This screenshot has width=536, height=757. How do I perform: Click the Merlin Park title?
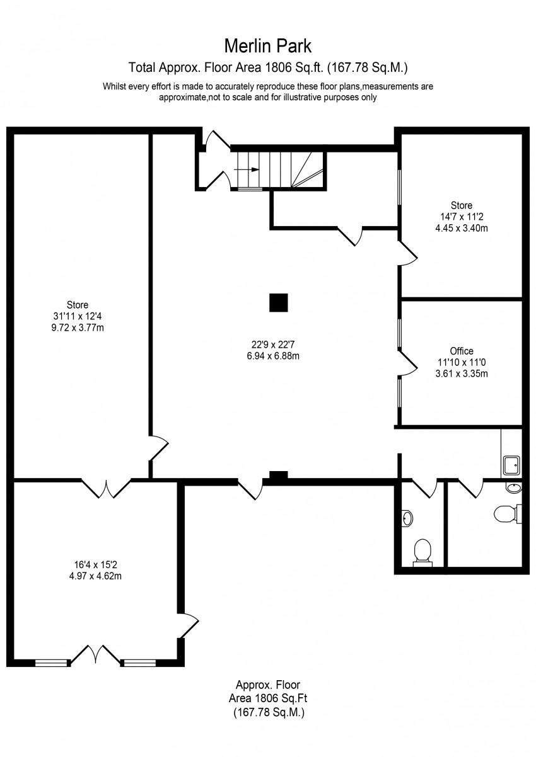pyautogui.click(x=267, y=46)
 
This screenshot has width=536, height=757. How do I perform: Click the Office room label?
pyautogui.click(x=462, y=351)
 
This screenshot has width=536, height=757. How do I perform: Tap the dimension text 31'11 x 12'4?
pyautogui.click(x=78, y=316)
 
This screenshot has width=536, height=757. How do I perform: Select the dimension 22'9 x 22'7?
pyautogui.click(x=273, y=344)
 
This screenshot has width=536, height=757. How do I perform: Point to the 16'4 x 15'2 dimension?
pyautogui.click(x=95, y=564)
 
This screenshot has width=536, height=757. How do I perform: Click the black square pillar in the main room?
pyautogui.click(x=279, y=302)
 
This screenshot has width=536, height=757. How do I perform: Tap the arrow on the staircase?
pyautogui.click(x=247, y=169)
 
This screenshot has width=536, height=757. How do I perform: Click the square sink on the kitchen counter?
pyautogui.click(x=511, y=465)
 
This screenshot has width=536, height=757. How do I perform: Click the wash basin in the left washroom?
pyautogui.click(x=408, y=518)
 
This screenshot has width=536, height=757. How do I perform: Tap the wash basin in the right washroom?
pyautogui.click(x=514, y=488)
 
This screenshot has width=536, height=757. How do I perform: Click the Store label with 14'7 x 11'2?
pyautogui.click(x=462, y=205)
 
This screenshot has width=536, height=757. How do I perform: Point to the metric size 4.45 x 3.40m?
pyautogui.click(x=462, y=228)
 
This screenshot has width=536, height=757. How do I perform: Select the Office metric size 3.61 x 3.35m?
pyautogui.click(x=462, y=373)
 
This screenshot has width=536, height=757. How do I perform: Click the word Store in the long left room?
pyautogui.click(x=78, y=305)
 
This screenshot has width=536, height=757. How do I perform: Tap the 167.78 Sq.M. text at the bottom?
pyautogui.click(x=269, y=712)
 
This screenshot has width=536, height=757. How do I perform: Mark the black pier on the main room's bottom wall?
pyautogui.click(x=279, y=474)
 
